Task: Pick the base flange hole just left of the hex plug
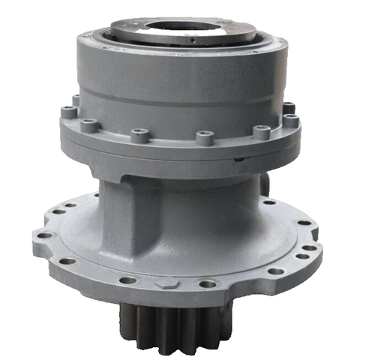128,280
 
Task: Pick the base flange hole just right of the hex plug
208,284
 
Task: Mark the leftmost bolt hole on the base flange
43,235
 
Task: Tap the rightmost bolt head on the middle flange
290,120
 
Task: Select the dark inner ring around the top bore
180,28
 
